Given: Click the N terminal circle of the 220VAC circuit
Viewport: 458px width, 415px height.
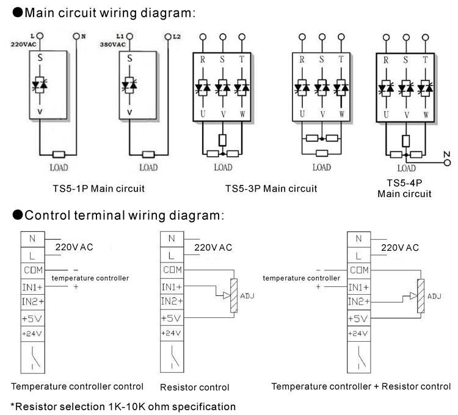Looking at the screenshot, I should tap(77, 37).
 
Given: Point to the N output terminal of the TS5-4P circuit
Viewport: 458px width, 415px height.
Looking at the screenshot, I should tap(447, 163).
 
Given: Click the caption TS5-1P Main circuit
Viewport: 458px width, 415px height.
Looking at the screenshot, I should tap(98, 188).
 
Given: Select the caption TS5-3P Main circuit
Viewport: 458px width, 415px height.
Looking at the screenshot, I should tap(271, 188).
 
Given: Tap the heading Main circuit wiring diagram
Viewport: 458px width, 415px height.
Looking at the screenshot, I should tap(104, 12).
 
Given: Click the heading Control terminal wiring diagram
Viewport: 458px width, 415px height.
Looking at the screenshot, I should tap(118, 215).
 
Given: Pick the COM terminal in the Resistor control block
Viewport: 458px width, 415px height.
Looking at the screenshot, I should tap(172, 270).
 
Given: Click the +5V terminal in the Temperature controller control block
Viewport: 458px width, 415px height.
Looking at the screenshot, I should tap(32, 318).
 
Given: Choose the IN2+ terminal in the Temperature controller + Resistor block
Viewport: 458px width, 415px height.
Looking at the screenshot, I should tap(358, 301).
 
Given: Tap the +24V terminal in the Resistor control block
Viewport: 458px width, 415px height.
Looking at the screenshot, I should tap(172, 333).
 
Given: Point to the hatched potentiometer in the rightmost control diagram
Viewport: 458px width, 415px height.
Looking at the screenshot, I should tap(420, 296).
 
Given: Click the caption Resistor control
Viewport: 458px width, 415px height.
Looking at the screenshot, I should tap(194, 387).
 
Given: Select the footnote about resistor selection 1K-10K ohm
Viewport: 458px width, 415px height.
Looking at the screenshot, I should tap(123, 406).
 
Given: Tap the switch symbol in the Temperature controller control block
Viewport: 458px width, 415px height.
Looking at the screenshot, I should tap(32, 357).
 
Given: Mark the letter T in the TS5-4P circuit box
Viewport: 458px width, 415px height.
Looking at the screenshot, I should tap(422, 60).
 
